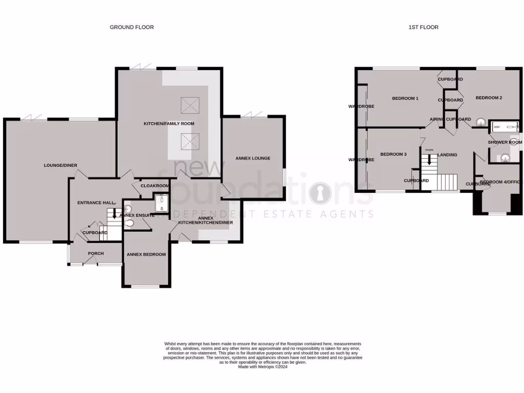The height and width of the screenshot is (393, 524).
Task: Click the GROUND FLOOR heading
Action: coord(132,27)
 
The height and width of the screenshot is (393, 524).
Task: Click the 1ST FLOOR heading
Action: coord(423,27)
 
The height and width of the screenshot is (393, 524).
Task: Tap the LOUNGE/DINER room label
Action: coord(60,165)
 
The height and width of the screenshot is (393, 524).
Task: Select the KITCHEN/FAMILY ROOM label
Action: coord(169,123)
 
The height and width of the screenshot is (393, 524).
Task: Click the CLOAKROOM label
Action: coord(155,186)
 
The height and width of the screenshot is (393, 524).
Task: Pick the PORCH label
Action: coord(96,253)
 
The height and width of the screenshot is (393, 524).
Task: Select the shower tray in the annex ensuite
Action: coord(162,203)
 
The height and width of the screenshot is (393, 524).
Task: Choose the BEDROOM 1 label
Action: coord(405,98)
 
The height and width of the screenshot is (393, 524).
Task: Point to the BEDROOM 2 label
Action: coord(489,98)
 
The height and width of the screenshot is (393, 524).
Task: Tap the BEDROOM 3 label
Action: coord(393,154)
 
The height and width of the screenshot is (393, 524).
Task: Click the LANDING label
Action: coord(446,155)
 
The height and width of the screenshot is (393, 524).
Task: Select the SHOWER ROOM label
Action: coord(505,142)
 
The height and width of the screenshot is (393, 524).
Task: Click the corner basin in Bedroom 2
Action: coord(481,122)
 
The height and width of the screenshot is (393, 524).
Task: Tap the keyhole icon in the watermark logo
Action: coord(321,195)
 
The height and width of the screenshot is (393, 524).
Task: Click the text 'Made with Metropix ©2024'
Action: coord(263,366)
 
